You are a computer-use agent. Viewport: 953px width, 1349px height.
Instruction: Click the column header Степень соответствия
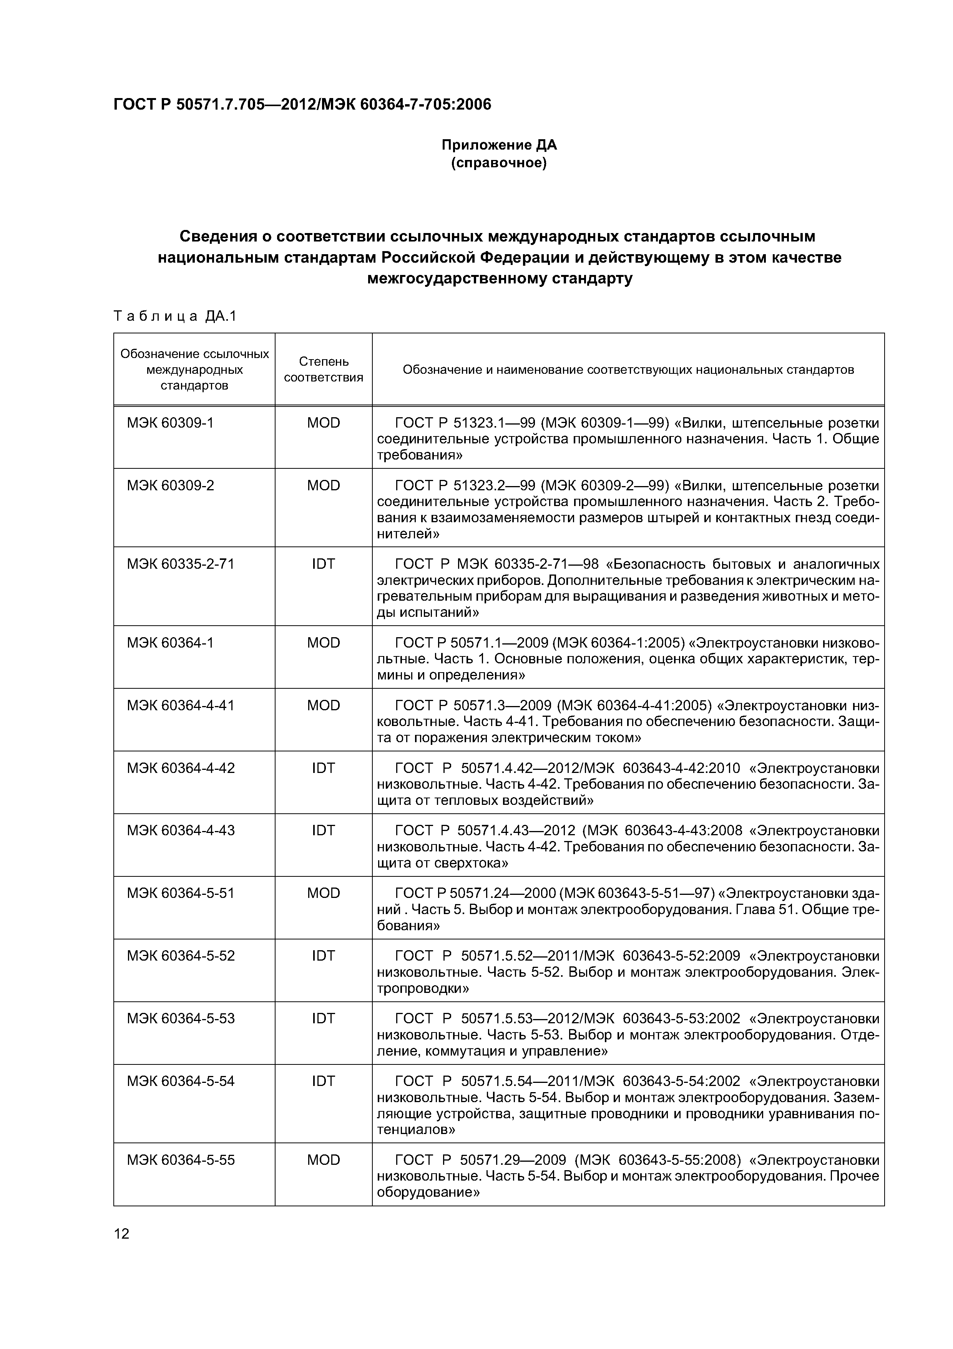click(324, 370)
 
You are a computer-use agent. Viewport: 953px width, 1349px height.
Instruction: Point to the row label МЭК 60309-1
click(170, 423)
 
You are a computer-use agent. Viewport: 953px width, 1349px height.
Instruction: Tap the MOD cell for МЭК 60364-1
click(324, 643)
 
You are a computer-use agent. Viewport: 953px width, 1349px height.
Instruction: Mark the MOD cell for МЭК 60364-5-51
click(324, 893)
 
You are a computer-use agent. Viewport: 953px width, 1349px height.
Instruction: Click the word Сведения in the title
click(218, 236)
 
